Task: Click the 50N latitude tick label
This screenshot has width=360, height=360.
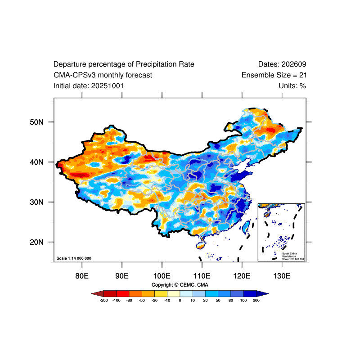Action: [x=36, y=122]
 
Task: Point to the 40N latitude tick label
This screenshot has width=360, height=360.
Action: [x=36, y=162]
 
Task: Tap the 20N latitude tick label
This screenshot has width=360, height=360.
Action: [x=36, y=242]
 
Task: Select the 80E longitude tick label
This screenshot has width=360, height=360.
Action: [x=82, y=275]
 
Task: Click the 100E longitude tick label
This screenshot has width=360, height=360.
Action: [x=162, y=275]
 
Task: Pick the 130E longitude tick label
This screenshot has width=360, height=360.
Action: [x=282, y=275]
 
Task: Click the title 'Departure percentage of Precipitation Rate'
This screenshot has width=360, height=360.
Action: [x=124, y=64]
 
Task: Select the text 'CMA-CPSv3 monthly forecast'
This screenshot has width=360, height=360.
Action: [x=103, y=75]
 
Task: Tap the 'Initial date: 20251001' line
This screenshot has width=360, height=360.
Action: [x=89, y=85]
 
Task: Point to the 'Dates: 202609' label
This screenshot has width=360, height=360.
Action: [x=282, y=64]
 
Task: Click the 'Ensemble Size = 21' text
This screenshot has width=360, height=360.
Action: [x=274, y=75]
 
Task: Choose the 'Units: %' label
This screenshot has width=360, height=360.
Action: [x=292, y=85]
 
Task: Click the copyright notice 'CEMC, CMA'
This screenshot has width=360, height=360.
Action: [x=180, y=285]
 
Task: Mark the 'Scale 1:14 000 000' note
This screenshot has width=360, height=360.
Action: [x=74, y=258]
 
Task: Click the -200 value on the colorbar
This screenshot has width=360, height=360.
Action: [x=103, y=300]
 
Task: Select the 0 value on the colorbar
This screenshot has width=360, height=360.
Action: [x=180, y=300]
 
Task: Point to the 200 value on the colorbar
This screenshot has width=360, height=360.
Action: [x=256, y=300]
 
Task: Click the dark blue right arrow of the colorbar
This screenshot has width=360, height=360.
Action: [x=263, y=293]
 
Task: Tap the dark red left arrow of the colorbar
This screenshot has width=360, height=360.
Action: [x=97, y=293]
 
